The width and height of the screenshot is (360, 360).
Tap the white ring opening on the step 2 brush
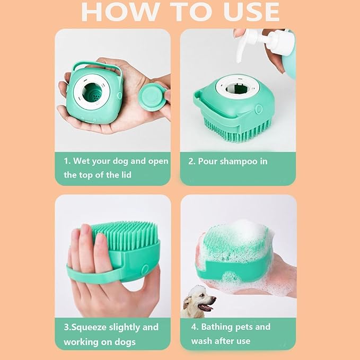pyautogui.click(x=233, y=88)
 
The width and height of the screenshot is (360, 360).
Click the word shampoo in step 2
pyautogui.click(x=238, y=161)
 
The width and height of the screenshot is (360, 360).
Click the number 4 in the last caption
pyautogui.click(x=194, y=327)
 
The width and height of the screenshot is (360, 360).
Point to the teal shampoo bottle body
pyautogui.click(x=288, y=53)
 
